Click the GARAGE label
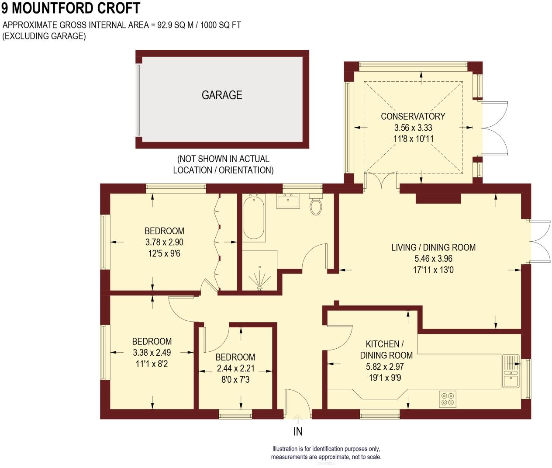pyautogui.click(x=222, y=95)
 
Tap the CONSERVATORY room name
pyautogui.click(x=413, y=116)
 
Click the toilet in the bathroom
pyautogui.click(x=316, y=205)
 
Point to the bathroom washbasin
pyautogui.click(x=288, y=201)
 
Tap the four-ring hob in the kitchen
pyautogui.click(x=448, y=399)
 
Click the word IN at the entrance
pyautogui.click(x=298, y=432)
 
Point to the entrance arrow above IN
pyautogui.click(x=298, y=419)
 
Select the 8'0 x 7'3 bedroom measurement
pyautogui.click(x=235, y=380)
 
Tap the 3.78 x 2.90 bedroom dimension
pyautogui.click(x=164, y=242)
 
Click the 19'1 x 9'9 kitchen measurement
pyautogui.click(x=385, y=378)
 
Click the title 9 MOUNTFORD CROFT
pyautogui.click(x=70, y=8)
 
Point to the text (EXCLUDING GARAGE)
pyautogui.click(x=44, y=36)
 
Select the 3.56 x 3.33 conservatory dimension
pyautogui.click(x=413, y=128)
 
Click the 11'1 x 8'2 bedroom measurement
pyautogui.click(x=152, y=364)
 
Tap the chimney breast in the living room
pyautogui.click(x=438, y=198)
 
